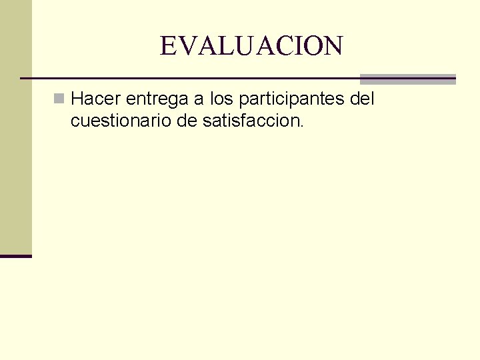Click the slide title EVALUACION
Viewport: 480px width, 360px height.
(x=251, y=46)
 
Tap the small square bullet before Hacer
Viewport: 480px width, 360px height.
(x=60, y=99)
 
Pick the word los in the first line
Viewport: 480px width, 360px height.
(x=222, y=99)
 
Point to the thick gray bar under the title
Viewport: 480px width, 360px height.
(x=407, y=78)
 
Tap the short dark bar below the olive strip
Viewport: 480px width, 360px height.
(x=16, y=255)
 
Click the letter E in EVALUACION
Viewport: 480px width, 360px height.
(x=168, y=46)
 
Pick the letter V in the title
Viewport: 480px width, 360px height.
(x=185, y=46)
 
